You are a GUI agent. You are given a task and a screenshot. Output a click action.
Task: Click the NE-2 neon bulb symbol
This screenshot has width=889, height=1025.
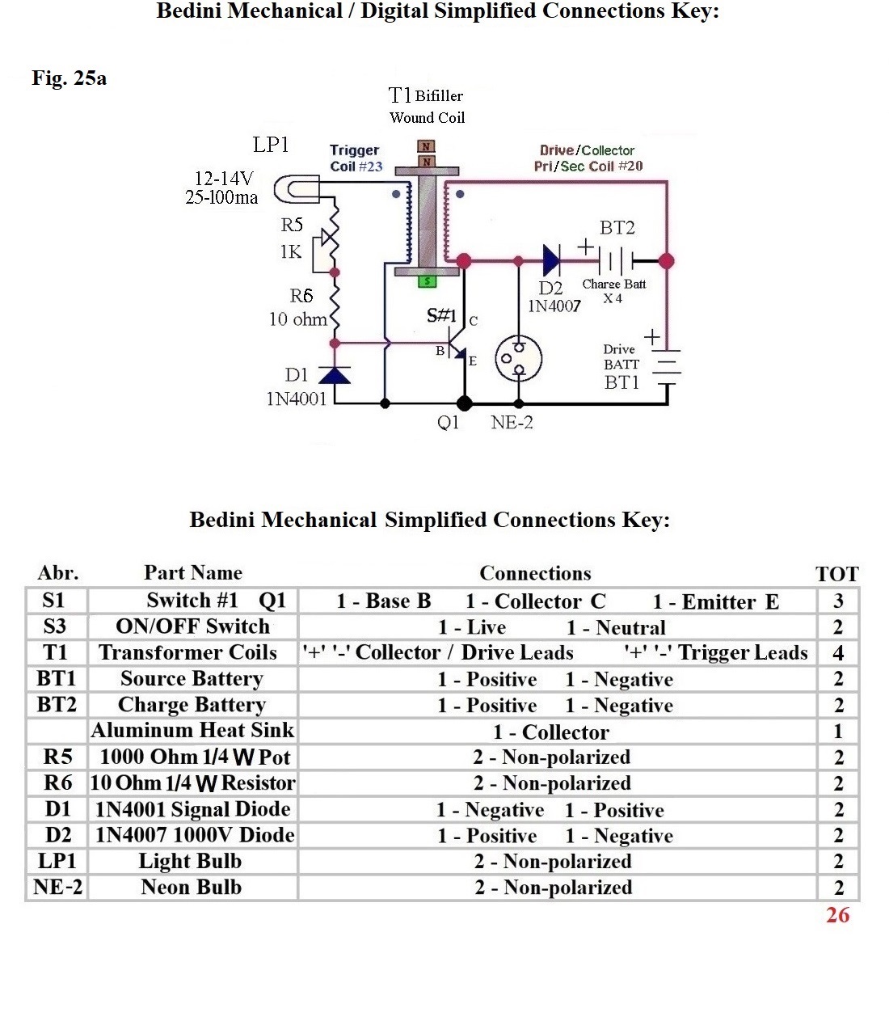click(518, 359)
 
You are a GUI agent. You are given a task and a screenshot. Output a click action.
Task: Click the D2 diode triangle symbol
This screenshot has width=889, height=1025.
click(552, 260)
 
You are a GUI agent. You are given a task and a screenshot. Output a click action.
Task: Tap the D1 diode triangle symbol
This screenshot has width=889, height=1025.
click(334, 375)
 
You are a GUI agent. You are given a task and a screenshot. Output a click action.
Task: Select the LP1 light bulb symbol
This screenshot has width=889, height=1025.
click(297, 189)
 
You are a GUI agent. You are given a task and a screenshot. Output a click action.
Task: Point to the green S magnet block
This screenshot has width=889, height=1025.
click(428, 281)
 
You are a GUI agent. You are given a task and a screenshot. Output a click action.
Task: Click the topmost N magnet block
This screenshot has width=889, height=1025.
click(426, 146)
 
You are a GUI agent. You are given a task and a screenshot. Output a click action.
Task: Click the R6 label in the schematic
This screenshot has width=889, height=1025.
click(301, 296)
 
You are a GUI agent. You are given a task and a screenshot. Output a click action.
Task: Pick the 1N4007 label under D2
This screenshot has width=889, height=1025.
click(554, 306)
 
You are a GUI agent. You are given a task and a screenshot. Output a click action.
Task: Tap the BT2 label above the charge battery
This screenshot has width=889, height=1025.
click(617, 228)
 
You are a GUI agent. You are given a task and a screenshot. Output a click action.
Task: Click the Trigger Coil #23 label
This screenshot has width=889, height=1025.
click(356, 158)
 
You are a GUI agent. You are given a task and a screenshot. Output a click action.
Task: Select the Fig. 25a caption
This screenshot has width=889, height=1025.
click(70, 78)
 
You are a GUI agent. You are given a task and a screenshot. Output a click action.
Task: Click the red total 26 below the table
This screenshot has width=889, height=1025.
click(837, 915)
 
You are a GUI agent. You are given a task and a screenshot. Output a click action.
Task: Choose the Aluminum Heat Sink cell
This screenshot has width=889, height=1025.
click(193, 731)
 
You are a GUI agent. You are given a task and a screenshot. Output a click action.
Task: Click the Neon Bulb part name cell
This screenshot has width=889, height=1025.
click(192, 887)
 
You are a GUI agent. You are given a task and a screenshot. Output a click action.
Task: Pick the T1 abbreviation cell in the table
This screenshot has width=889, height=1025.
click(55, 652)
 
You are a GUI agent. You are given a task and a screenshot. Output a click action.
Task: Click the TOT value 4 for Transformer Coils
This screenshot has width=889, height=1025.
click(838, 653)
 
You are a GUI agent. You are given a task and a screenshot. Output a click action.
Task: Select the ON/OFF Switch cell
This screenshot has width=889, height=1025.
click(193, 626)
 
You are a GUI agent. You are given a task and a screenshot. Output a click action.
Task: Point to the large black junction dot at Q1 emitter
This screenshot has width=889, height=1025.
click(464, 403)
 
